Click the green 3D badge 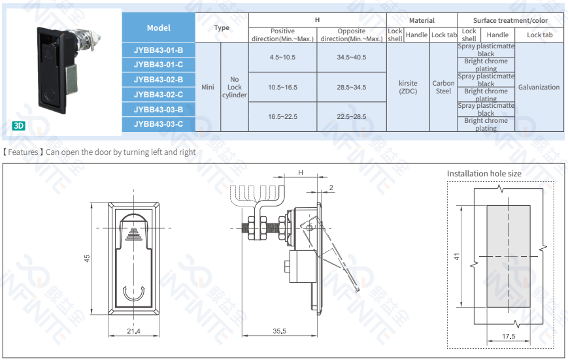[x=18, y=125]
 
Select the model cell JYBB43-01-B [x=158, y=50]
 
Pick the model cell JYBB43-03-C [x=158, y=124]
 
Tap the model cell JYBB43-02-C [x=158, y=95]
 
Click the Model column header [x=158, y=27]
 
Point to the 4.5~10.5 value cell [x=282, y=57]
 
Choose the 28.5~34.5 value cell [x=352, y=88]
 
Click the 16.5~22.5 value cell [x=282, y=116]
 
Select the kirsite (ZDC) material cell [x=408, y=88]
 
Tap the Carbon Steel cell [x=443, y=88]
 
